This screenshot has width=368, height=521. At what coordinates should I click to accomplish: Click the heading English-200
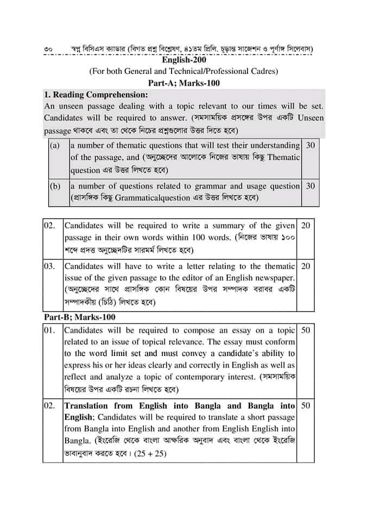coord(184,60)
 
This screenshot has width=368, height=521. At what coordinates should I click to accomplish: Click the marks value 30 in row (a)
coord(310,145)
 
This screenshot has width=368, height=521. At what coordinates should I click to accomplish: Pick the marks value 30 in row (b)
coord(310,186)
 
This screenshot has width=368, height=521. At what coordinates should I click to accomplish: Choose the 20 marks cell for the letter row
coord(306,266)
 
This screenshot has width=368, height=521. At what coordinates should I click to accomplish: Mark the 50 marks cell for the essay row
coord(306,330)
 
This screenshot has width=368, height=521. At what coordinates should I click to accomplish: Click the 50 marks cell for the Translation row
coord(306,405)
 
